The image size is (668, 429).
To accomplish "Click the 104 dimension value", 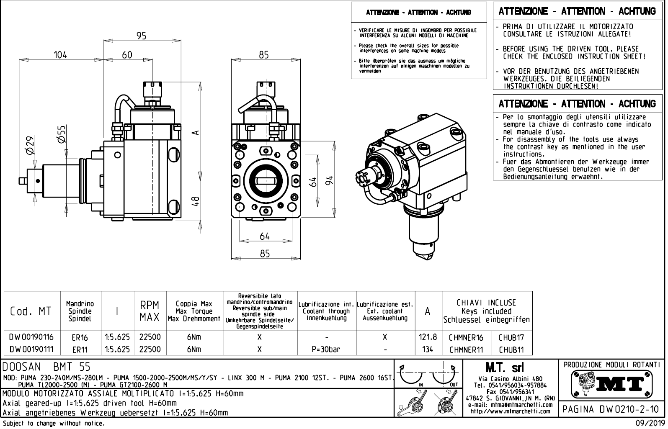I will click(x=60, y=55).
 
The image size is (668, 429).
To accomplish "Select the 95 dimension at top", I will click(x=142, y=36).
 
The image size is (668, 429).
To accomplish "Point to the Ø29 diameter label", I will click(x=30, y=145).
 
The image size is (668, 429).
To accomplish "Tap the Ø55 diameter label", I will click(x=62, y=134).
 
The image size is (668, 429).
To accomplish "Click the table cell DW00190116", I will click(x=32, y=337).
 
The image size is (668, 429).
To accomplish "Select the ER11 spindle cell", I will click(x=80, y=349).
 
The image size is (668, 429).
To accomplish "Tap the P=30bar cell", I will click(x=326, y=349).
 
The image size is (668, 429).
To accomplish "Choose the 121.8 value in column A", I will click(x=428, y=337).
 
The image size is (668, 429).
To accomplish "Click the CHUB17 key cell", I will click(x=511, y=337).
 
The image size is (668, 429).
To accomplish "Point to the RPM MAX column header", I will click(x=150, y=311).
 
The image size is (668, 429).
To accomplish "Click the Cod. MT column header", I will click(x=31, y=311).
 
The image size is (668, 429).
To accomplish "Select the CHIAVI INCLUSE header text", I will click(x=486, y=303).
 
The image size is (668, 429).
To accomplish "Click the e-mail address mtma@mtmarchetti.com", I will click(x=510, y=405).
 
